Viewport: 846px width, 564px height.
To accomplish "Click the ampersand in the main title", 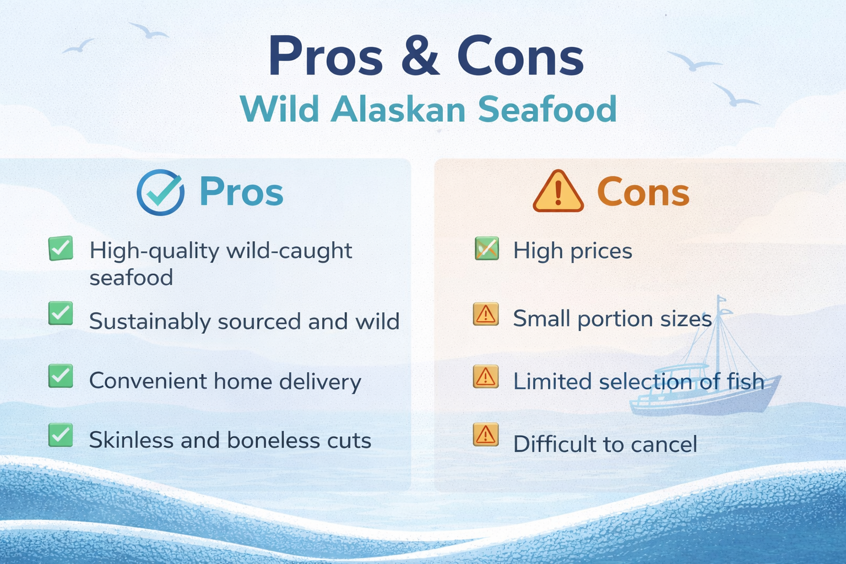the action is click(x=420, y=56).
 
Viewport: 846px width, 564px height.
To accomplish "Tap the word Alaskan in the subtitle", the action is click(x=398, y=110).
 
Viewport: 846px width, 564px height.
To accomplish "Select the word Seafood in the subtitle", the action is click(x=547, y=109).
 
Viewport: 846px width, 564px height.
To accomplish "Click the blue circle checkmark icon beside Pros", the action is click(x=160, y=192).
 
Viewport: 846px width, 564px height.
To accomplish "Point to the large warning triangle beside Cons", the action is click(x=558, y=191).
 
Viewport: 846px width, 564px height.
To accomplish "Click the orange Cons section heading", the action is click(x=643, y=192).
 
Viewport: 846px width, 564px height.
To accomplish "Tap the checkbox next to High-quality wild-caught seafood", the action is click(x=61, y=248).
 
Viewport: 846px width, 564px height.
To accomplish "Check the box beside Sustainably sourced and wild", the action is click(x=61, y=313).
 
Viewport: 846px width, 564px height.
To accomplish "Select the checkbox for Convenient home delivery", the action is click(x=61, y=376).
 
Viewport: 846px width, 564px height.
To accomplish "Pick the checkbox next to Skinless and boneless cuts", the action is click(x=61, y=435).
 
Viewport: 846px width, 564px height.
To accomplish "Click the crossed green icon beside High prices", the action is click(x=487, y=248).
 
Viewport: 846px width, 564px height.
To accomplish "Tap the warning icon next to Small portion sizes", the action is click(x=486, y=314).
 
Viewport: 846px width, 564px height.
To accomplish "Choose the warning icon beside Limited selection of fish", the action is click(x=486, y=377).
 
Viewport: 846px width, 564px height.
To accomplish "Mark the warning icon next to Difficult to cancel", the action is click(x=486, y=435).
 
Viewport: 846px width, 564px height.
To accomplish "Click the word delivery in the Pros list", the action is click(x=320, y=382).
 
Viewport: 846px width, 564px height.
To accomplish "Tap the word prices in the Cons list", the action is click(x=601, y=252).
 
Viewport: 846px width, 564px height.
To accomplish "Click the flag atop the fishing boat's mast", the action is click(x=722, y=299).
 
